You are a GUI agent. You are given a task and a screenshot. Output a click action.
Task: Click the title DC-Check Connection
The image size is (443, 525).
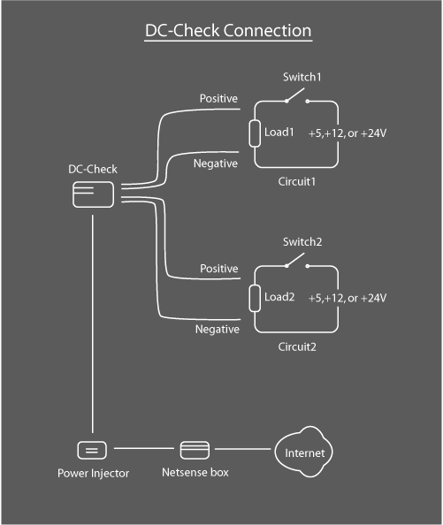point(228,31)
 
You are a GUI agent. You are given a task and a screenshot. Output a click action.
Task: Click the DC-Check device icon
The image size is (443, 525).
point(92,194)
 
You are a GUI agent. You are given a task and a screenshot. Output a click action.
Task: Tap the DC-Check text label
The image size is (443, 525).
point(92,169)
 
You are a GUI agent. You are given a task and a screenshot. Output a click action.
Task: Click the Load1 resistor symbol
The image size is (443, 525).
point(256,133)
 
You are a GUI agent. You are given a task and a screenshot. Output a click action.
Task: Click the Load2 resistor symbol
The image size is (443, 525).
point(256,298)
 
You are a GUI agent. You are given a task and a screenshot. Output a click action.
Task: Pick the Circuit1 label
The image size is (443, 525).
point(297,182)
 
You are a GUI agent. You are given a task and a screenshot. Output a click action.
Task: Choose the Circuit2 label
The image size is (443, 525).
point(297,346)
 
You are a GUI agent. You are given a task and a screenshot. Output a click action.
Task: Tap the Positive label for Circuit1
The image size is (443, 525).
point(218,99)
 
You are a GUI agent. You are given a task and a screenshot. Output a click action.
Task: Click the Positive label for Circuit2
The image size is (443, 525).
point(218,268)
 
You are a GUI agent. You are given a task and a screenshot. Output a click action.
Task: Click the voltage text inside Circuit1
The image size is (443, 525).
point(347,133)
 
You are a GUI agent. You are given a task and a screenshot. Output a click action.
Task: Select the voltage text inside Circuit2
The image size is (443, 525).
point(347,298)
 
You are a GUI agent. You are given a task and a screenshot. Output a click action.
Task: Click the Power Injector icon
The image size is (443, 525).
point(92,449)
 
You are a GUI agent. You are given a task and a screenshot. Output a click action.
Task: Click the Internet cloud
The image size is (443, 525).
point(304,453)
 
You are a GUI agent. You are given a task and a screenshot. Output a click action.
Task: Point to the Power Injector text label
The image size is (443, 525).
point(93,474)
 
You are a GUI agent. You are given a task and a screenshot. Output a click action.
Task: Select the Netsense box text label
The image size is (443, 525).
point(195,474)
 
